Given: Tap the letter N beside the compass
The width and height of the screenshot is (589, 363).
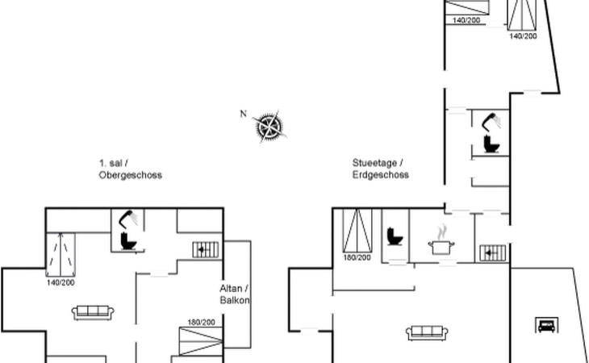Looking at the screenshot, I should point(243,114).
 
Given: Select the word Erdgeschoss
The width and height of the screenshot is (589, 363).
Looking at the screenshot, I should point(380,174).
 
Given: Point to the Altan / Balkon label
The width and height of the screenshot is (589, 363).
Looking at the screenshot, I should point(235,294).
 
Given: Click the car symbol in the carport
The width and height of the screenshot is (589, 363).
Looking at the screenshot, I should point(545,326).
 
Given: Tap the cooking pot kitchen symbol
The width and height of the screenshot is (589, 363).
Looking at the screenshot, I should point(441,244).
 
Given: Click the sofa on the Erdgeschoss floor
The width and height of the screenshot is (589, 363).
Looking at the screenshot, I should point(428,332).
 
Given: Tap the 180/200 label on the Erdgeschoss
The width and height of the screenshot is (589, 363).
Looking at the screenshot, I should point(357,257).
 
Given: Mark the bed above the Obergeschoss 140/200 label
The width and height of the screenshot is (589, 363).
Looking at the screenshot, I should point(61,250).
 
